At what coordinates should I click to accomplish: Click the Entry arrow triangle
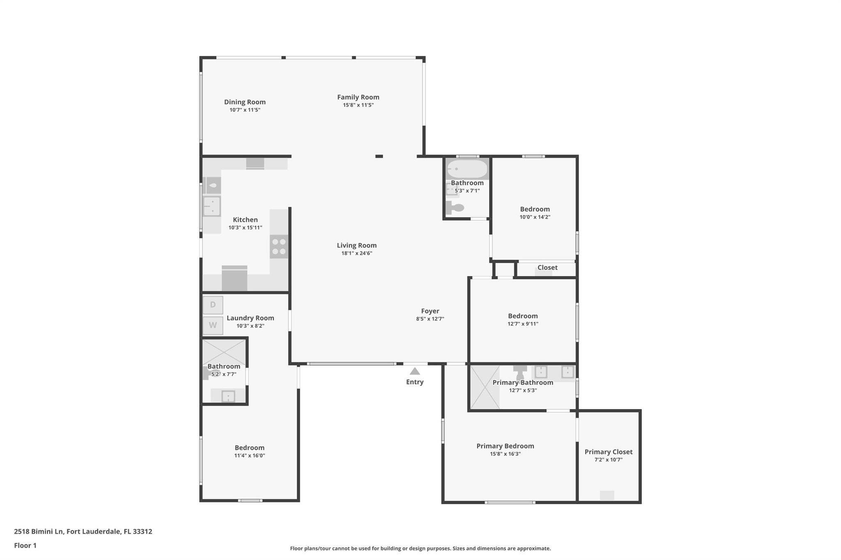(415, 371)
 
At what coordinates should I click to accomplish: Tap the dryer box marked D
(213, 305)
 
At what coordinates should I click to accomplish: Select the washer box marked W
(213, 325)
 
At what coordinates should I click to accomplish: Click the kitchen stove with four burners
(279, 246)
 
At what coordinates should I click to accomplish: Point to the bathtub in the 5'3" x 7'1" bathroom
(467, 169)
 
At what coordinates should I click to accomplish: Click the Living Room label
(357, 245)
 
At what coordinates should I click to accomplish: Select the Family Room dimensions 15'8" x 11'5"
(358, 105)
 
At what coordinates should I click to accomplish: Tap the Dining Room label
(245, 102)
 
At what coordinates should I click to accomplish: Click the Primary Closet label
(609, 452)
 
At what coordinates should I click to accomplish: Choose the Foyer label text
(430, 311)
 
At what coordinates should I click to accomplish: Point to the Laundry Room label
(250, 318)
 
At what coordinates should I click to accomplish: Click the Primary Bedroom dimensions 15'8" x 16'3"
(506, 454)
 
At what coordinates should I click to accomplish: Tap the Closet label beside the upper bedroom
(547, 267)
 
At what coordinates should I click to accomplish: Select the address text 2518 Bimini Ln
(39, 531)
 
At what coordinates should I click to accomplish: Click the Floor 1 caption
(25, 545)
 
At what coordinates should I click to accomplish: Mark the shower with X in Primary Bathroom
(485, 387)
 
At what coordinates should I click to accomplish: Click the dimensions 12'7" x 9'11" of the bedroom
(523, 324)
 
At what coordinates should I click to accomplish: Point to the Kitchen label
(246, 219)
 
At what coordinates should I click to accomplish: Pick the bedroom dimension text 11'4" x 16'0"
(250, 455)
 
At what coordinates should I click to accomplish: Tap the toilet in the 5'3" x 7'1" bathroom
(455, 208)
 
